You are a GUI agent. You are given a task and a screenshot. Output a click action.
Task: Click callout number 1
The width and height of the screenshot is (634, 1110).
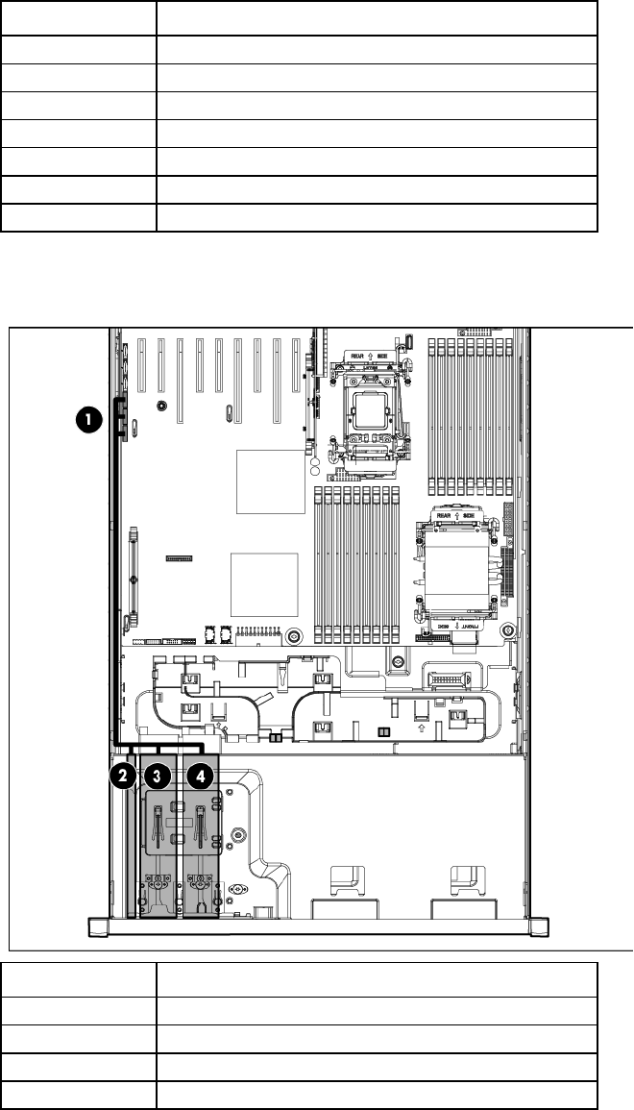(87, 418)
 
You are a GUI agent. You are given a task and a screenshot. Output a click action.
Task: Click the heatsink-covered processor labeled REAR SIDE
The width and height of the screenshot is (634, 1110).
(454, 566)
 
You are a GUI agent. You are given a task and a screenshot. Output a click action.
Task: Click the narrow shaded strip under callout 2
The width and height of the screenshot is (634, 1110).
(133, 846)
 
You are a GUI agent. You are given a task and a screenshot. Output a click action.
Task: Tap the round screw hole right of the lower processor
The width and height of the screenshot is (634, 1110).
(508, 630)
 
